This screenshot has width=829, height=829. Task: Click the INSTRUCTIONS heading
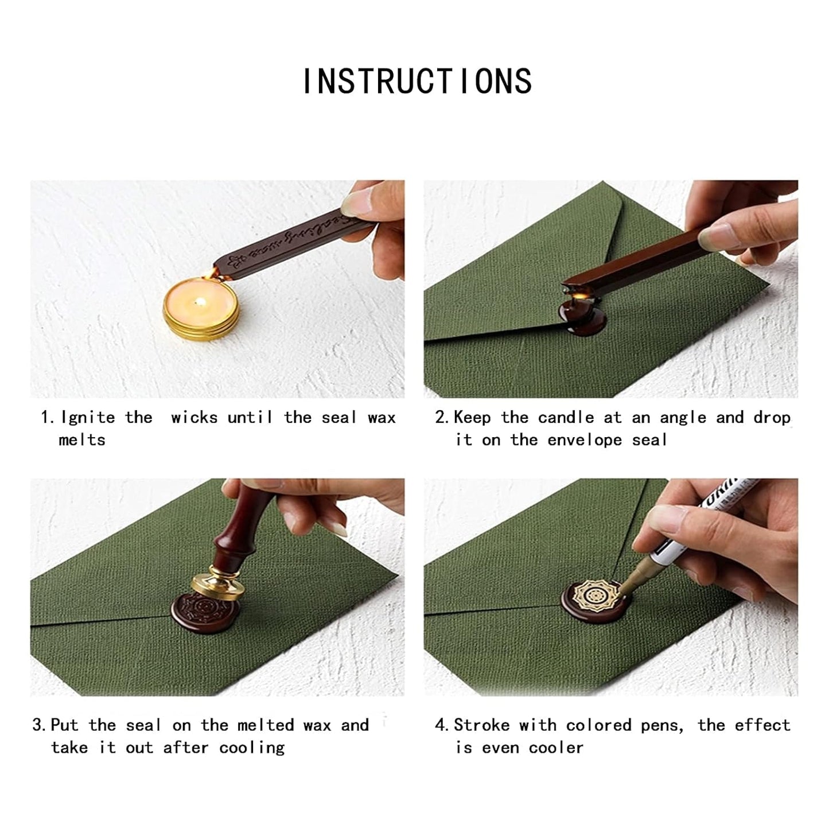click(x=417, y=81)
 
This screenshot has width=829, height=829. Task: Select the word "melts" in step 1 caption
click(x=82, y=440)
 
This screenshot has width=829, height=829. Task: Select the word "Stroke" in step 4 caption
click(x=481, y=725)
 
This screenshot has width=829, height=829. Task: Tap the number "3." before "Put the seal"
click(x=39, y=725)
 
